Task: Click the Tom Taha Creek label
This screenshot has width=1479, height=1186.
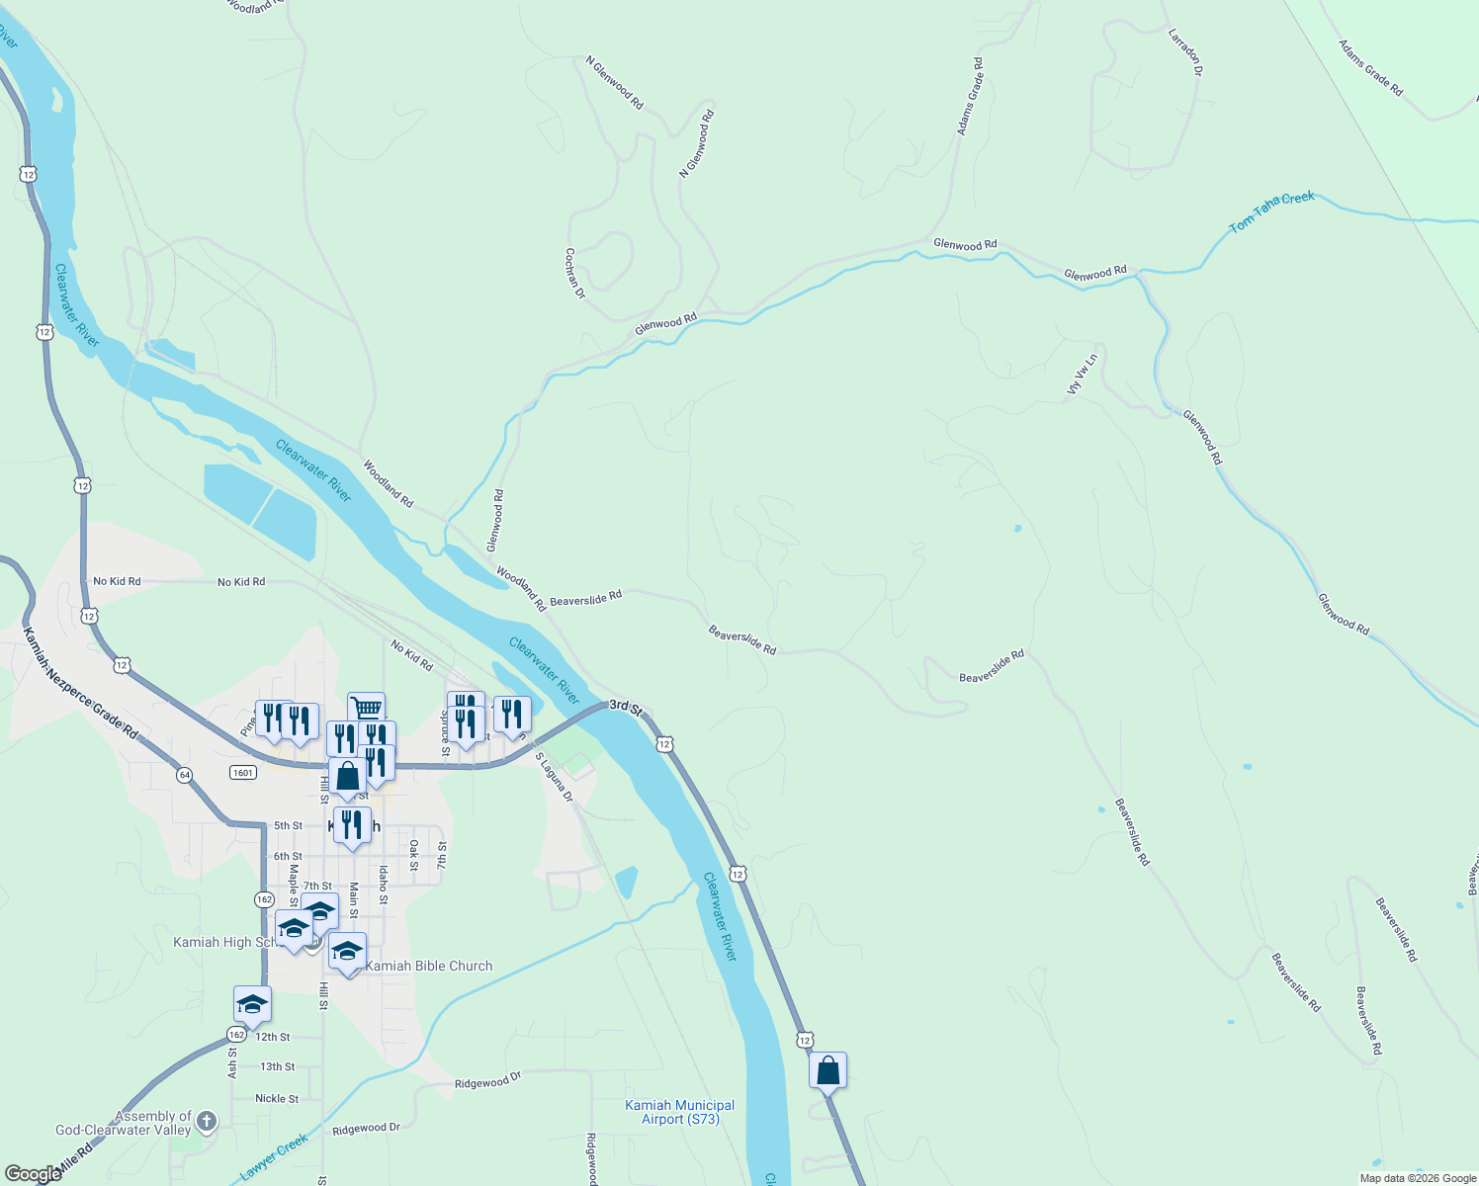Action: [1271, 212]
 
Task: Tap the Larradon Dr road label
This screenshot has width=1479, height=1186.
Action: [1184, 51]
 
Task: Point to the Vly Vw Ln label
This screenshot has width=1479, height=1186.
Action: [1082, 376]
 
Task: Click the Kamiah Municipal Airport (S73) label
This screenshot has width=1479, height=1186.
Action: [679, 1112]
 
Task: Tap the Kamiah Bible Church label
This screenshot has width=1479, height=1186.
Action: [429, 966]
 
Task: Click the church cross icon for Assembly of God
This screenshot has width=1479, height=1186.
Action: [206, 1121]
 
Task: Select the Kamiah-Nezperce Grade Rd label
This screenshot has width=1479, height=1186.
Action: [80, 683]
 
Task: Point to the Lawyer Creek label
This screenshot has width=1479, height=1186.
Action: [275, 1157]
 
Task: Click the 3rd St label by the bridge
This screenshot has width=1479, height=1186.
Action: [626, 707]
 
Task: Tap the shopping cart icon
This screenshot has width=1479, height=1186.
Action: [366, 708]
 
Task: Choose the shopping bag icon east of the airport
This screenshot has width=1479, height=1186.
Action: [827, 1070]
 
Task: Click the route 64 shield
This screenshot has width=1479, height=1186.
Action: [185, 775]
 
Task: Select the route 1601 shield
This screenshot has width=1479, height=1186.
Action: [242, 772]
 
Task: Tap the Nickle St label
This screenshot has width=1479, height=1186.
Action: [277, 1098]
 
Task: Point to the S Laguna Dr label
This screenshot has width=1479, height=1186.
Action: [555, 777]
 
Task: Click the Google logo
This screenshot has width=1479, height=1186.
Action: [33, 1174]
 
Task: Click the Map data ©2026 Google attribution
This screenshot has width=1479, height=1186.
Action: [1418, 1178]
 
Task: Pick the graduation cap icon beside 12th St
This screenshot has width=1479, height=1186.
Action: [252, 1004]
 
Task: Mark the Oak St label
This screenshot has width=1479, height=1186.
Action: [414, 855]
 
